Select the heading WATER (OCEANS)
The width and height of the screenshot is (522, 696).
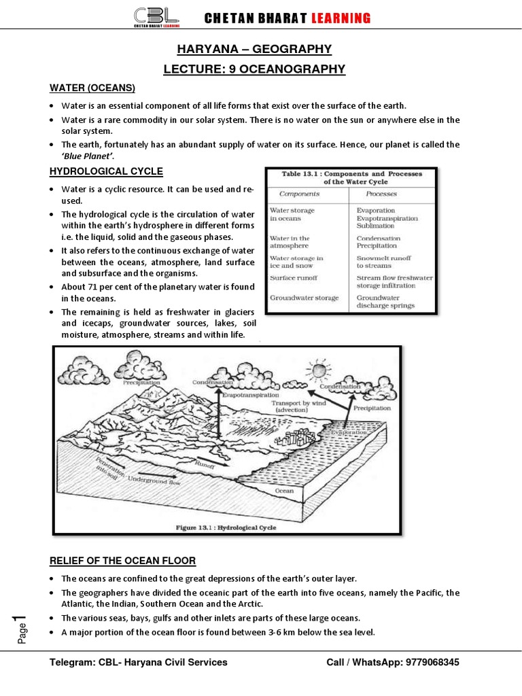point(92,88)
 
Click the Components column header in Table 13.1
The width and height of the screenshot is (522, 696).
point(304,194)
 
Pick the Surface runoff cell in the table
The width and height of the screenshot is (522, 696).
point(294,278)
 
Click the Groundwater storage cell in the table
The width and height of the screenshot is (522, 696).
point(304,298)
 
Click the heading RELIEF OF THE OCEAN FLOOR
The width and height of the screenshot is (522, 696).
point(122,561)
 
